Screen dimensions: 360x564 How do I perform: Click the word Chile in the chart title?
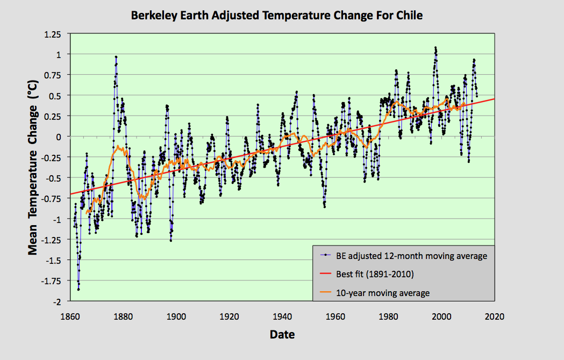pos(408,16)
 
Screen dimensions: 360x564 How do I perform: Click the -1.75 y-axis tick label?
pos(55,280)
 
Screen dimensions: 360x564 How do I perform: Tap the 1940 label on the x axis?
pos(283,316)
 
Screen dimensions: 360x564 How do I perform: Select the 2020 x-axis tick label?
pos(494,316)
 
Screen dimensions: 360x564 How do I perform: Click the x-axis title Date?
pos(282,335)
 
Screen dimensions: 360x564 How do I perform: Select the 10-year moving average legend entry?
pos(382,293)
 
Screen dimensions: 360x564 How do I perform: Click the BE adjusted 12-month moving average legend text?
pos(411,256)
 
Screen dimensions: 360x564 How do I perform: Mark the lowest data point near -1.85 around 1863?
pos(78,290)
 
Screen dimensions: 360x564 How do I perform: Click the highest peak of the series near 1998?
pos(435,47)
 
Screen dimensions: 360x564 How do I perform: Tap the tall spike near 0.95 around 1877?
pos(116,57)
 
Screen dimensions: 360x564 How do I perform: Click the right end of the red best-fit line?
pos(493,99)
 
